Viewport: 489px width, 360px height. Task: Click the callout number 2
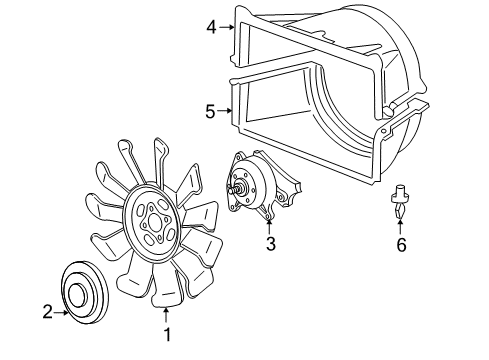tap(47, 311)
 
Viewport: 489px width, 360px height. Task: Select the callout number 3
tap(270, 242)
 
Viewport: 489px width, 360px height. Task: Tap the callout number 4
tap(211, 27)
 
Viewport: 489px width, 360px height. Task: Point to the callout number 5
tap(210, 111)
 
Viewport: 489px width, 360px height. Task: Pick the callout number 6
tap(400, 243)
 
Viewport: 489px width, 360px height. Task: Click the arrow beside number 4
tap(227, 27)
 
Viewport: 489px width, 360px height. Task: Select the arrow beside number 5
tap(226, 111)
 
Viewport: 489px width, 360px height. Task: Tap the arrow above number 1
tap(168, 317)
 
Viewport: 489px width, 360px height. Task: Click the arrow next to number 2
tap(62, 311)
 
